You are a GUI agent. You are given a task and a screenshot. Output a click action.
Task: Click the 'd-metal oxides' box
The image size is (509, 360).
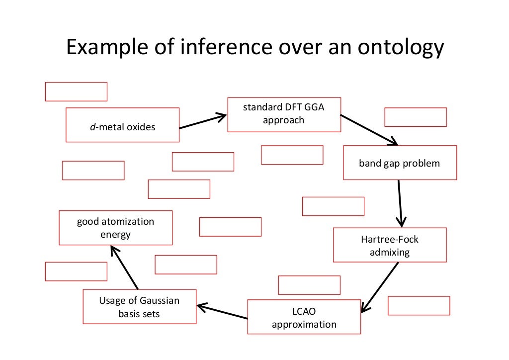click(122, 125)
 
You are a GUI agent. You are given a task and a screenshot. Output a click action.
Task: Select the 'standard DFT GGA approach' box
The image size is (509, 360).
click(284, 114)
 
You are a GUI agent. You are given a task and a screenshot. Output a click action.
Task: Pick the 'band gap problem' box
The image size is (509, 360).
click(400, 163)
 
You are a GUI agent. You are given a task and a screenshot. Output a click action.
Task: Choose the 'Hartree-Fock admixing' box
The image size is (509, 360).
click(390, 245)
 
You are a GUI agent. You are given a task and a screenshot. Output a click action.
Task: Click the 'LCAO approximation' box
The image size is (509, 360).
click(304, 317)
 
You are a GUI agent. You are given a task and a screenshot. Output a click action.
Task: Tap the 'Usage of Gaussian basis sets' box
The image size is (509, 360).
click(139, 306)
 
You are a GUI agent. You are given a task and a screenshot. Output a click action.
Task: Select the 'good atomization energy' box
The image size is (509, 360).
click(115, 228)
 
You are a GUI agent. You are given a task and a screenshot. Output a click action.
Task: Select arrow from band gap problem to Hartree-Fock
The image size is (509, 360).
click(400, 203)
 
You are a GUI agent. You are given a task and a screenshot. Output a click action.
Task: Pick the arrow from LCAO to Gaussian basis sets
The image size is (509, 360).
click(222, 312)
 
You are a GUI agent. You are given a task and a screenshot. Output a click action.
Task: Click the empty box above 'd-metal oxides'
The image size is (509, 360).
click(76, 91)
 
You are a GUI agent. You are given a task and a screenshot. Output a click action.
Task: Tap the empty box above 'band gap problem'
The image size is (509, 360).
click(415, 117)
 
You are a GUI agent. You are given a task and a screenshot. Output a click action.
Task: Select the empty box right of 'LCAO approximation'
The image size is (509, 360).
click(419, 306)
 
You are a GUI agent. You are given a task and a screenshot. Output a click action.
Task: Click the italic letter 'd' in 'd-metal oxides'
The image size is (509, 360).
click(92, 127)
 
